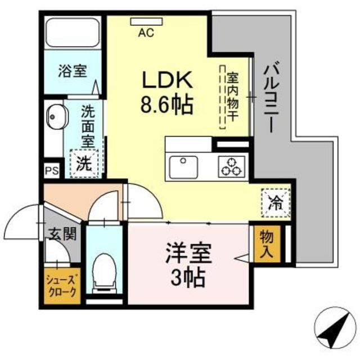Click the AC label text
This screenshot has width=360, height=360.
(x=146, y=33)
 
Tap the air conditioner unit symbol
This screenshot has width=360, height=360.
(x=146, y=22)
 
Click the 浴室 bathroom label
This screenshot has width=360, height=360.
(x=73, y=71)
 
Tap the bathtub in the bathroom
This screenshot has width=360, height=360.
(x=73, y=33)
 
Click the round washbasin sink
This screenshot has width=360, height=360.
(x=55, y=118)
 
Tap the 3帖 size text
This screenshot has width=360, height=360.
(x=188, y=277)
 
